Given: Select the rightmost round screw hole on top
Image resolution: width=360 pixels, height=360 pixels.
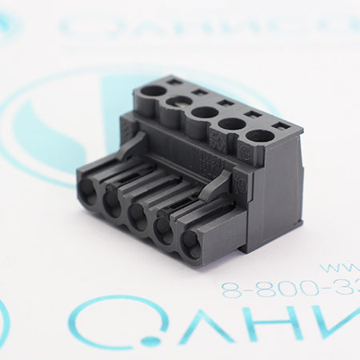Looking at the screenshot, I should tap(258, 134).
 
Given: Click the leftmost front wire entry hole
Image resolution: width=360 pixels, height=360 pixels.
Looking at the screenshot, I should tap(87, 190).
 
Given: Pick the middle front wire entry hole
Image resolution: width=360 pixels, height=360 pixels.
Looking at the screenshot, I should tap(137, 216).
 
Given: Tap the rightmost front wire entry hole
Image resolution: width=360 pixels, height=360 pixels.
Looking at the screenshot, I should tap(192, 243).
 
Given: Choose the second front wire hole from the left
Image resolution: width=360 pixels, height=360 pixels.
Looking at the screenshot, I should tap(111, 203).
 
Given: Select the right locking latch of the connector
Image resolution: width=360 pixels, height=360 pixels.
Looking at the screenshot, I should tap(214, 186).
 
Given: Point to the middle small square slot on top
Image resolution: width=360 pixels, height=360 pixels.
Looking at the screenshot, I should tap(225, 103).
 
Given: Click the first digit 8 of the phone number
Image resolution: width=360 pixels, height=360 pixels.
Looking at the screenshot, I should tap(230, 289).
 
